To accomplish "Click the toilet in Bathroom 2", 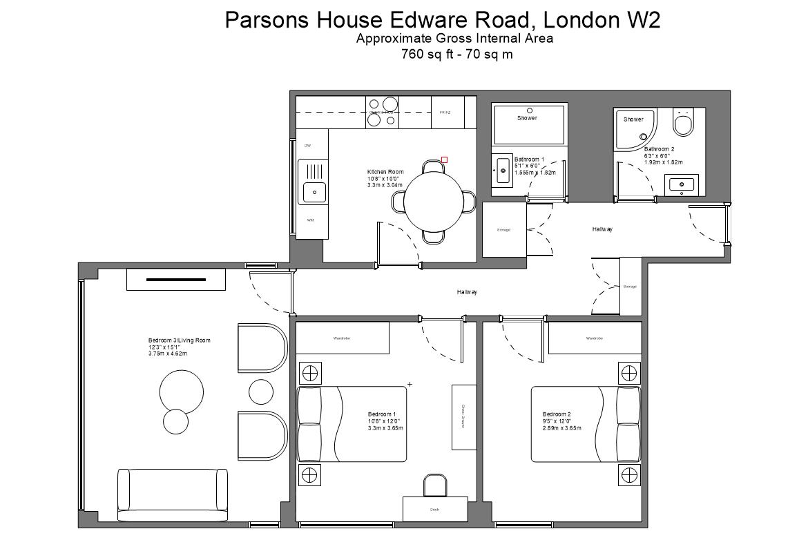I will [683, 124].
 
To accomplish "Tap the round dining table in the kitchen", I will [433, 202].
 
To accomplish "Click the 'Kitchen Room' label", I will [385, 172].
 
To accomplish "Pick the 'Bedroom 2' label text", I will [557, 414].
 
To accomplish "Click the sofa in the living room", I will [172, 494].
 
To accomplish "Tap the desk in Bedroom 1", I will [434, 509].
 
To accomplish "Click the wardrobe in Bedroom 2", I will [594, 338].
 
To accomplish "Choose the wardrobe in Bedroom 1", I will [343, 338].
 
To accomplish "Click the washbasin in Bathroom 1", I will [502, 170].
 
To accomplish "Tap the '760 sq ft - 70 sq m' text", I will [456, 54].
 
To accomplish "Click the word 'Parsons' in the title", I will [268, 20].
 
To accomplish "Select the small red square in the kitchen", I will [444, 160].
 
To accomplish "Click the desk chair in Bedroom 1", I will [435, 485].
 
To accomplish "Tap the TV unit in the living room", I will [175, 280].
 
